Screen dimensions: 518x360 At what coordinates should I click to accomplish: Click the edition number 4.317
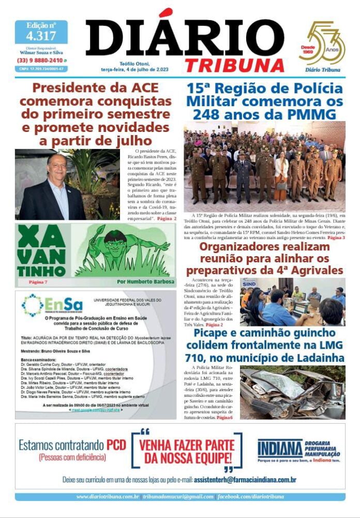pos(41,36)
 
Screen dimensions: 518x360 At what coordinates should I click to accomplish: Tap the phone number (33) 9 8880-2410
pos(39,60)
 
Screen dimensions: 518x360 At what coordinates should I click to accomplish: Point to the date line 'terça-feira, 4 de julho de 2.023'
pos(138,69)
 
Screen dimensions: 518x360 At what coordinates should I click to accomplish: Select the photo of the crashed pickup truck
pos(292,393)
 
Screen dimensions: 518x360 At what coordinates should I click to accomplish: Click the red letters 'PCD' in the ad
pos(116,445)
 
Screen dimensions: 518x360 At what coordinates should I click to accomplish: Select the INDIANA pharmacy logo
pos(280,448)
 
